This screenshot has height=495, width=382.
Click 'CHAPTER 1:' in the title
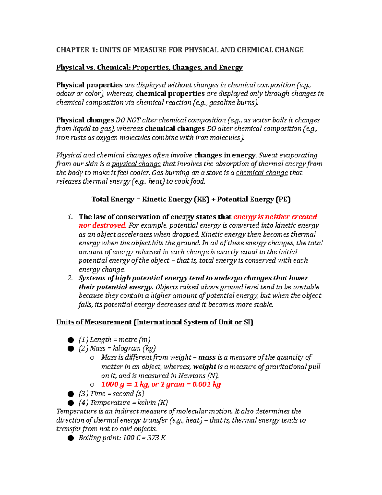77,50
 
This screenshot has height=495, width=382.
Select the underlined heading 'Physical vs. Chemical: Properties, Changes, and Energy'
149,68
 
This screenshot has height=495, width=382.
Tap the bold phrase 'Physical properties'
89,85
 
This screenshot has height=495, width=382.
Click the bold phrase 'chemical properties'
170,94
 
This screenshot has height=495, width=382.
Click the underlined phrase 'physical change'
136,164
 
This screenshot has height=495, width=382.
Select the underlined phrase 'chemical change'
262,173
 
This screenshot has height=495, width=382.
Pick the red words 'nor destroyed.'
103,225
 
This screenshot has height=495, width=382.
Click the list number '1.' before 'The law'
70,217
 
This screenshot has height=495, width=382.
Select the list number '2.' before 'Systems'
70,278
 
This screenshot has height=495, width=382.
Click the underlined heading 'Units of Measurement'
94,322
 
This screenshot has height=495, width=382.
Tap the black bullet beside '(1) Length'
71,340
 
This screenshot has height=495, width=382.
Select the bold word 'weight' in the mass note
204,367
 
